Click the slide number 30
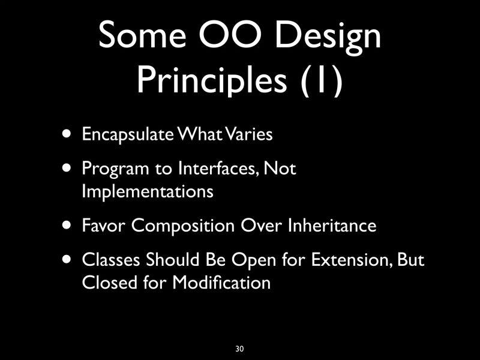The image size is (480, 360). pyautogui.click(x=240, y=349)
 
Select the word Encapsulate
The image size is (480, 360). pyautogui.click(x=124, y=134)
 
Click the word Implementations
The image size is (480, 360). pyautogui.click(x=147, y=192)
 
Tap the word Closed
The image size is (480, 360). pyautogui.click(x=103, y=282)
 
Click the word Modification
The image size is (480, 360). pyautogui.click(x=221, y=282)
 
